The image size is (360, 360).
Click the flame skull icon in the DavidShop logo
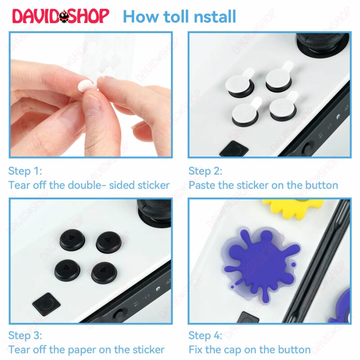[64, 16]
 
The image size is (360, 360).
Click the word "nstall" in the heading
[215, 17]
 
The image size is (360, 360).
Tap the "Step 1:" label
[25, 171]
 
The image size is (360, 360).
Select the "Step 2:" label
[206, 171]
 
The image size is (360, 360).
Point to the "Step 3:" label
[25, 335]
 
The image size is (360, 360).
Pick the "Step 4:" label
[206, 335]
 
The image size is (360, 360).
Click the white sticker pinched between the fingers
[86, 86]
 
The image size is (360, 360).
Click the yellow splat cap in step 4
[293, 208]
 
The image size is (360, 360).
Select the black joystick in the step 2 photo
[323, 45]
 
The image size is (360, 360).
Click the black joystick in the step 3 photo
[154, 212]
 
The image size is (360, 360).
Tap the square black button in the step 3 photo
[46, 304]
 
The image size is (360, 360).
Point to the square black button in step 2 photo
[234, 149]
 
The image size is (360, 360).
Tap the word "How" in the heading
[141, 17]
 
